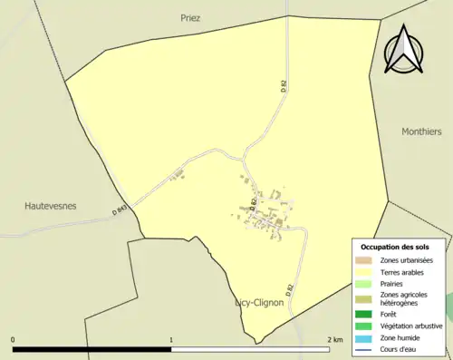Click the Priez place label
[x=190, y=17]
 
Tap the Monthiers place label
[x=421, y=131]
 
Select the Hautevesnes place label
[x=50, y=206]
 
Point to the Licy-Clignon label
[x=260, y=303]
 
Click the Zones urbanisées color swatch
[x=363, y=259]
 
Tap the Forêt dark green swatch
[x=363, y=314]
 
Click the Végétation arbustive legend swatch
[x=363, y=325]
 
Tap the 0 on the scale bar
[x=13, y=339]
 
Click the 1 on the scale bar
[x=171, y=339]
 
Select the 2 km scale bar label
[x=335, y=339]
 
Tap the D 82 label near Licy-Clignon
[x=290, y=289]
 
